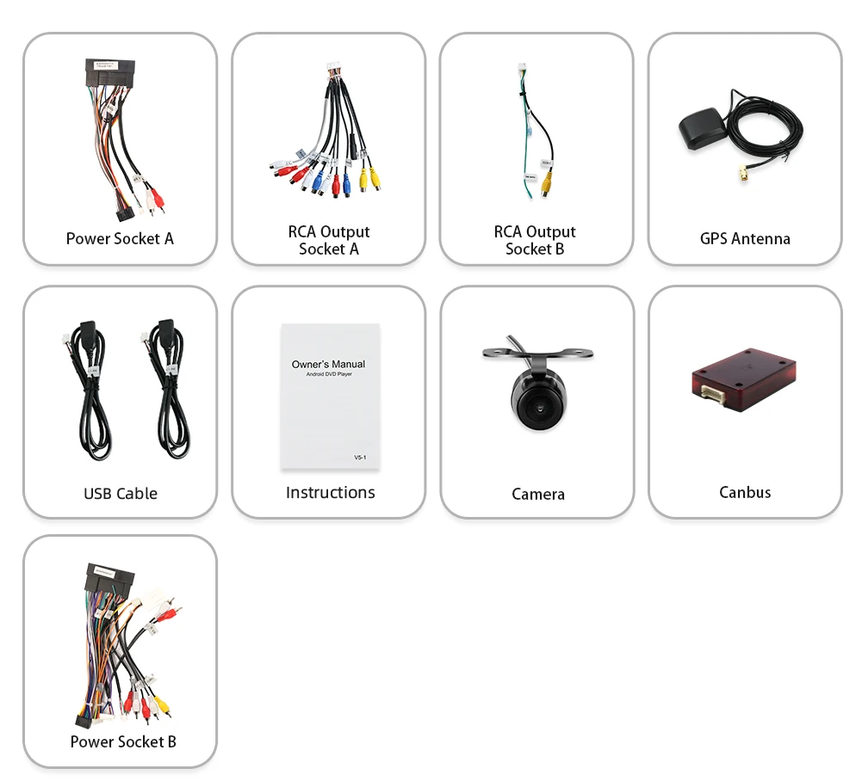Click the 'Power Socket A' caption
click(120, 238)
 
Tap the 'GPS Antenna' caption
click(745, 238)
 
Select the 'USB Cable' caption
click(121, 493)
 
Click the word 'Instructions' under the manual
click(330, 492)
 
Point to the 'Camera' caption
click(538, 494)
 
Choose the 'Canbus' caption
click(745, 492)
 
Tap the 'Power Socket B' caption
click(123, 741)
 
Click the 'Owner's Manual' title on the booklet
click(328, 364)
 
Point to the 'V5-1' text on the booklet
click(360, 458)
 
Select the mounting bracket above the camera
click(537, 354)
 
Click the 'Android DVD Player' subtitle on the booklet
click(329, 375)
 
